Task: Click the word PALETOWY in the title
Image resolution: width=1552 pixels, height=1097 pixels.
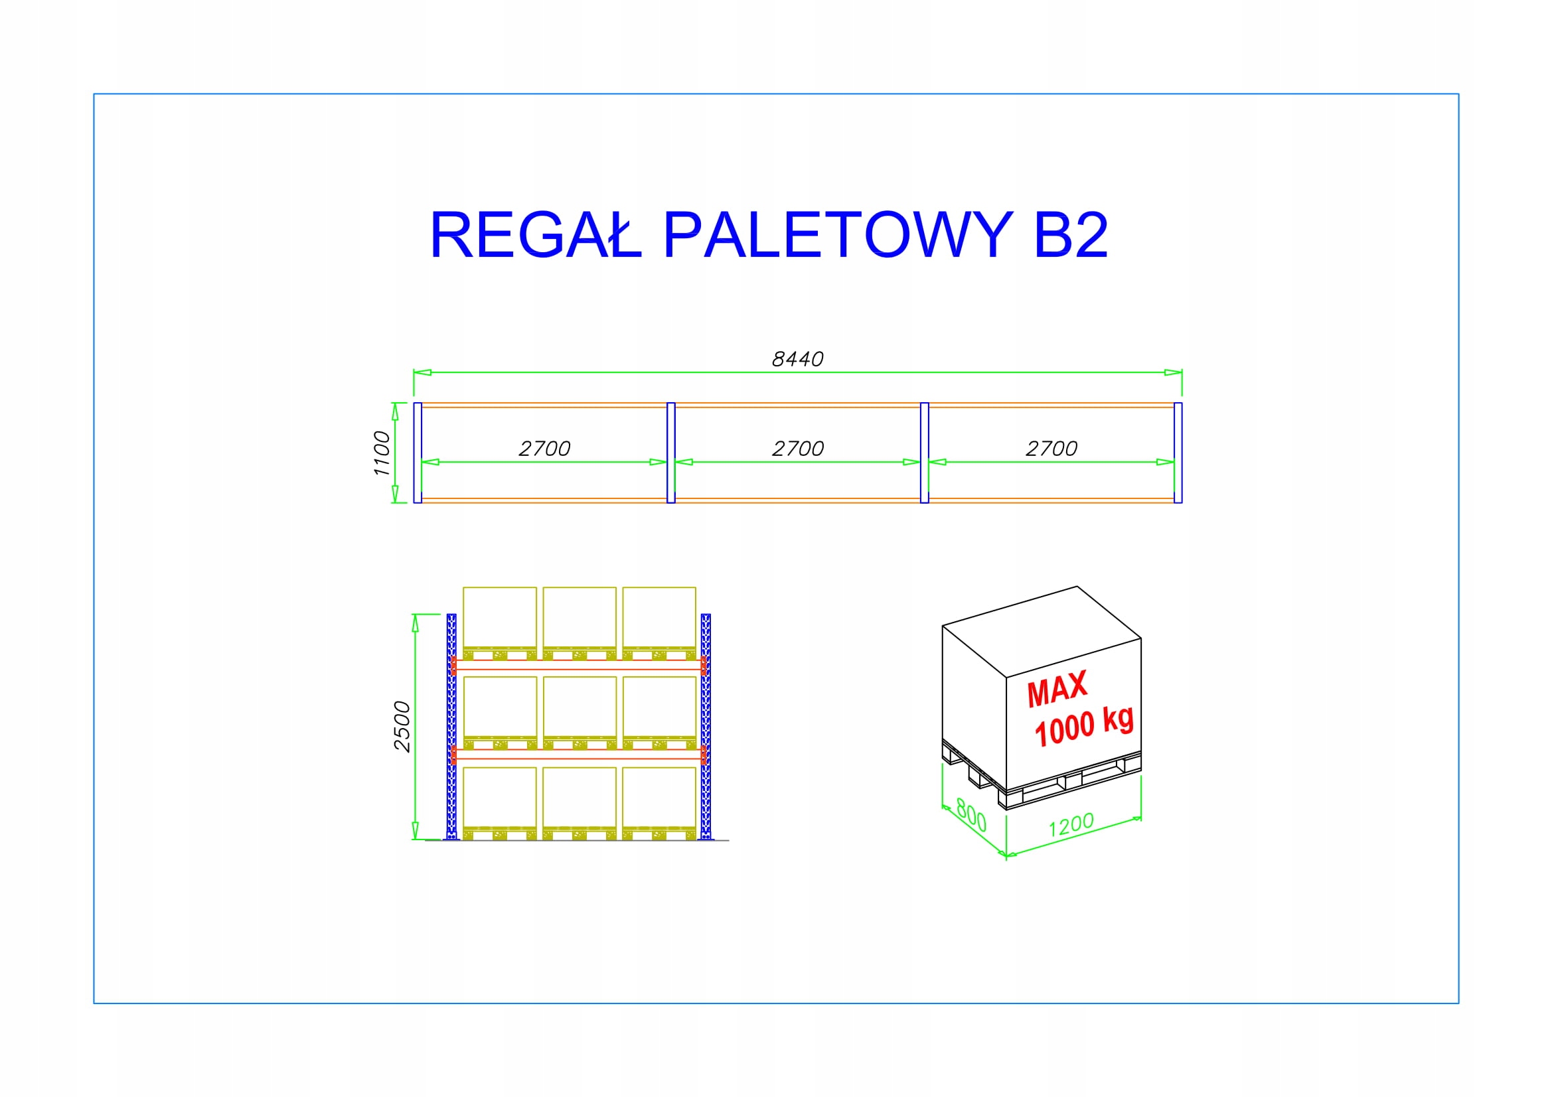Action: [838, 235]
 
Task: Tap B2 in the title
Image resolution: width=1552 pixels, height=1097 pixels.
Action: [1071, 235]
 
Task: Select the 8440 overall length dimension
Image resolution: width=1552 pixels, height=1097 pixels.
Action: [798, 359]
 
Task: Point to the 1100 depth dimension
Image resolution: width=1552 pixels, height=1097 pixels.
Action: [382, 453]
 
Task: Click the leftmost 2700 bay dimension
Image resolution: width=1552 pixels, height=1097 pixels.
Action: [544, 449]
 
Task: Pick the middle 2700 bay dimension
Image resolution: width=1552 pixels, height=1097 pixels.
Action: [798, 449]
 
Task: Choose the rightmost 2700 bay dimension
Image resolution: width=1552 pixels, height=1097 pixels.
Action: [1051, 449]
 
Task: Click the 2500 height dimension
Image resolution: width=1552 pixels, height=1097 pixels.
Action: [402, 727]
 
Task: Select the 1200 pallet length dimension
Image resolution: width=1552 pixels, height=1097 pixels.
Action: [1071, 824]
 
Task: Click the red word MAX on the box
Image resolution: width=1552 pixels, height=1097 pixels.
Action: [1057, 690]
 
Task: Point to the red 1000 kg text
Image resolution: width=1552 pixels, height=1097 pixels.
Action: [1083, 727]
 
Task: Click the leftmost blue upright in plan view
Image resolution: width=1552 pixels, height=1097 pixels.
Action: [418, 453]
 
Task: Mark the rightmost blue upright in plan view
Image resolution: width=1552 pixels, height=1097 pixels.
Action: [1178, 453]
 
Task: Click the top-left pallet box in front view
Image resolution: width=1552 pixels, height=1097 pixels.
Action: [500, 619]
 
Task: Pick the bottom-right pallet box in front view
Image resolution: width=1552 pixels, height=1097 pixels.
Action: [659, 798]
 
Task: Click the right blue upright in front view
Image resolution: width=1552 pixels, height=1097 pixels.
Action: [706, 727]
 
